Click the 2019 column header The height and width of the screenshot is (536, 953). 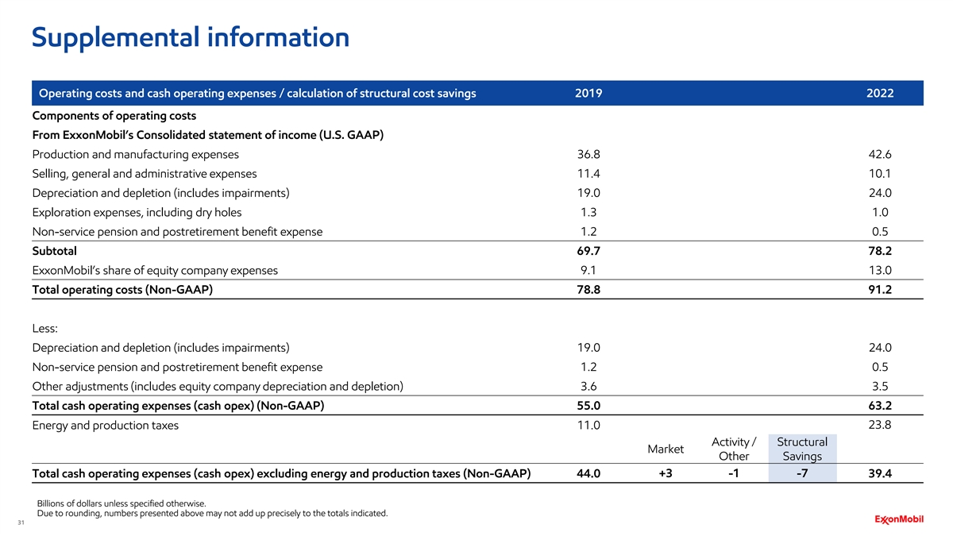click(x=588, y=94)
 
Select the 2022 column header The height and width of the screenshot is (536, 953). click(x=880, y=94)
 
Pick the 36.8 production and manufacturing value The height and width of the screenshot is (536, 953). click(x=588, y=154)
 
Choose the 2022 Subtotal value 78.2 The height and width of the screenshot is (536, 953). click(x=880, y=251)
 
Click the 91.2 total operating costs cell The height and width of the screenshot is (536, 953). click(x=880, y=290)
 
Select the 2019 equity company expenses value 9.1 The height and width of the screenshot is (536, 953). click(x=588, y=270)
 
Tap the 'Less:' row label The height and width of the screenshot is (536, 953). click(x=45, y=328)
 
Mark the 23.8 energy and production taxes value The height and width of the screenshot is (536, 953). click(x=880, y=425)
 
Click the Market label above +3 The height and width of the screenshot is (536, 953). click(x=666, y=449)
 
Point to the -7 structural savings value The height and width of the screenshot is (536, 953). click(x=801, y=474)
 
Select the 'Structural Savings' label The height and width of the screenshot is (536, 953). click(x=801, y=449)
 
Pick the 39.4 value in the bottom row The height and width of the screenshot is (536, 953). click(x=880, y=474)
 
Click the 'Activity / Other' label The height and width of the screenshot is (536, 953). click(x=733, y=449)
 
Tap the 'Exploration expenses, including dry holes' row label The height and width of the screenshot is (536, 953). click(x=137, y=212)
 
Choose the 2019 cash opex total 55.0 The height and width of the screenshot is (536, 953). click(x=588, y=406)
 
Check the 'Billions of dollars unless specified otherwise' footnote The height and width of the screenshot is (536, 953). click(x=122, y=503)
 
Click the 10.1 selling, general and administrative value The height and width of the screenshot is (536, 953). click(x=880, y=173)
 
